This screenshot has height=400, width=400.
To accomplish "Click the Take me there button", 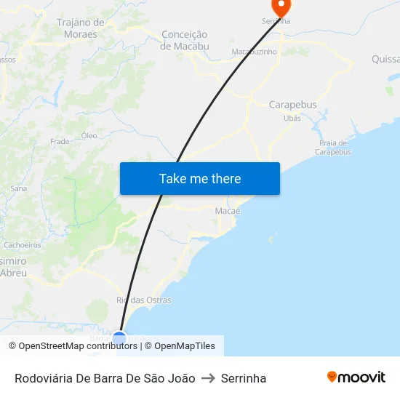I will pyautogui.click(x=200, y=178).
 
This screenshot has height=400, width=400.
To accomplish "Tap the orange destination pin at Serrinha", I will pyautogui.click(x=280, y=7).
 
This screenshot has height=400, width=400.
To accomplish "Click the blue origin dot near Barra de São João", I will pyautogui.click(x=119, y=338).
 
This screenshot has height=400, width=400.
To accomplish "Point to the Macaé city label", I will pyautogui.click(x=228, y=211).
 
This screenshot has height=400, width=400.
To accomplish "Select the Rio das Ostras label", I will pyautogui.click(x=144, y=300).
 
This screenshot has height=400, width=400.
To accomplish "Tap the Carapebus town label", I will pyautogui.click(x=293, y=105).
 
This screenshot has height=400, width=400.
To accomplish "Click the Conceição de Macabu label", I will pyautogui.click(x=185, y=40).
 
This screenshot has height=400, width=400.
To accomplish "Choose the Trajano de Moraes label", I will pyautogui.click(x=81, y=28).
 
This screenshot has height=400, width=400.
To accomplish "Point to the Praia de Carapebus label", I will pyautogui.click(x=333, y=148).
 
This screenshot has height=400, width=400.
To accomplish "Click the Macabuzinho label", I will pyautogui.click(x=254, y=52).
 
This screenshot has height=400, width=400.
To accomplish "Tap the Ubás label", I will pyautogui.click(x=292, y=118).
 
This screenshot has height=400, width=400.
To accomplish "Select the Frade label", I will pyautogui.click(x=60, y=141).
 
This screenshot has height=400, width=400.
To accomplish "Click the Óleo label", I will pyautogui.click(x=89, y=135).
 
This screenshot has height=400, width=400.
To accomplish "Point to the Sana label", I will pyautogui.click(x=18, y=188).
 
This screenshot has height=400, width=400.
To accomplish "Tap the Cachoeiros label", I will pyautogui.click(x=23, y=245).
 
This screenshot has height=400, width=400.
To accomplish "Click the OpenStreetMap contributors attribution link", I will pyautogui.click(x=78, y=346).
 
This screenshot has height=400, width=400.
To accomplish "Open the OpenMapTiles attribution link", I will pyautogui.click(x=185, y=346).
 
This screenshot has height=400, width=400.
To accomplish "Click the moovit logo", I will pyautogui.click(x=356, y=377).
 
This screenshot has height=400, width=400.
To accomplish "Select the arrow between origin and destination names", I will pyautogui.click(x=208, y=378).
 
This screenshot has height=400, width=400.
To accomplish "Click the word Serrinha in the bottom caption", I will pyautogui.click(x=244, y=378).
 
